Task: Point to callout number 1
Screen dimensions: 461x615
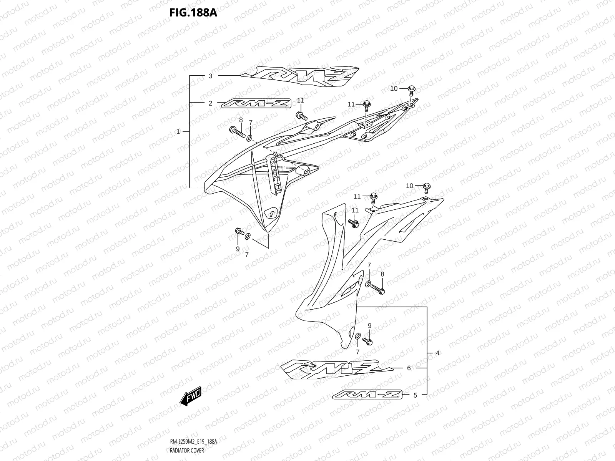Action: [x=178, y=131]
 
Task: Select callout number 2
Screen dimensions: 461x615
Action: [x=210, y=103]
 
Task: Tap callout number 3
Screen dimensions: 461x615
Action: [x=210, y=76]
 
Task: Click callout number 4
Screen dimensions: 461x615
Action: [x=437, y=353]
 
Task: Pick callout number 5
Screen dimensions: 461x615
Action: [x=415, y=395]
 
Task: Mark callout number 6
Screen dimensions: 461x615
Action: [x=409, y=368]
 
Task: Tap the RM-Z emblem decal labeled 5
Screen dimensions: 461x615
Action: [x=367, y=395]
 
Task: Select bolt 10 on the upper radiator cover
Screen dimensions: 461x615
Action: [x=411, y=89]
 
